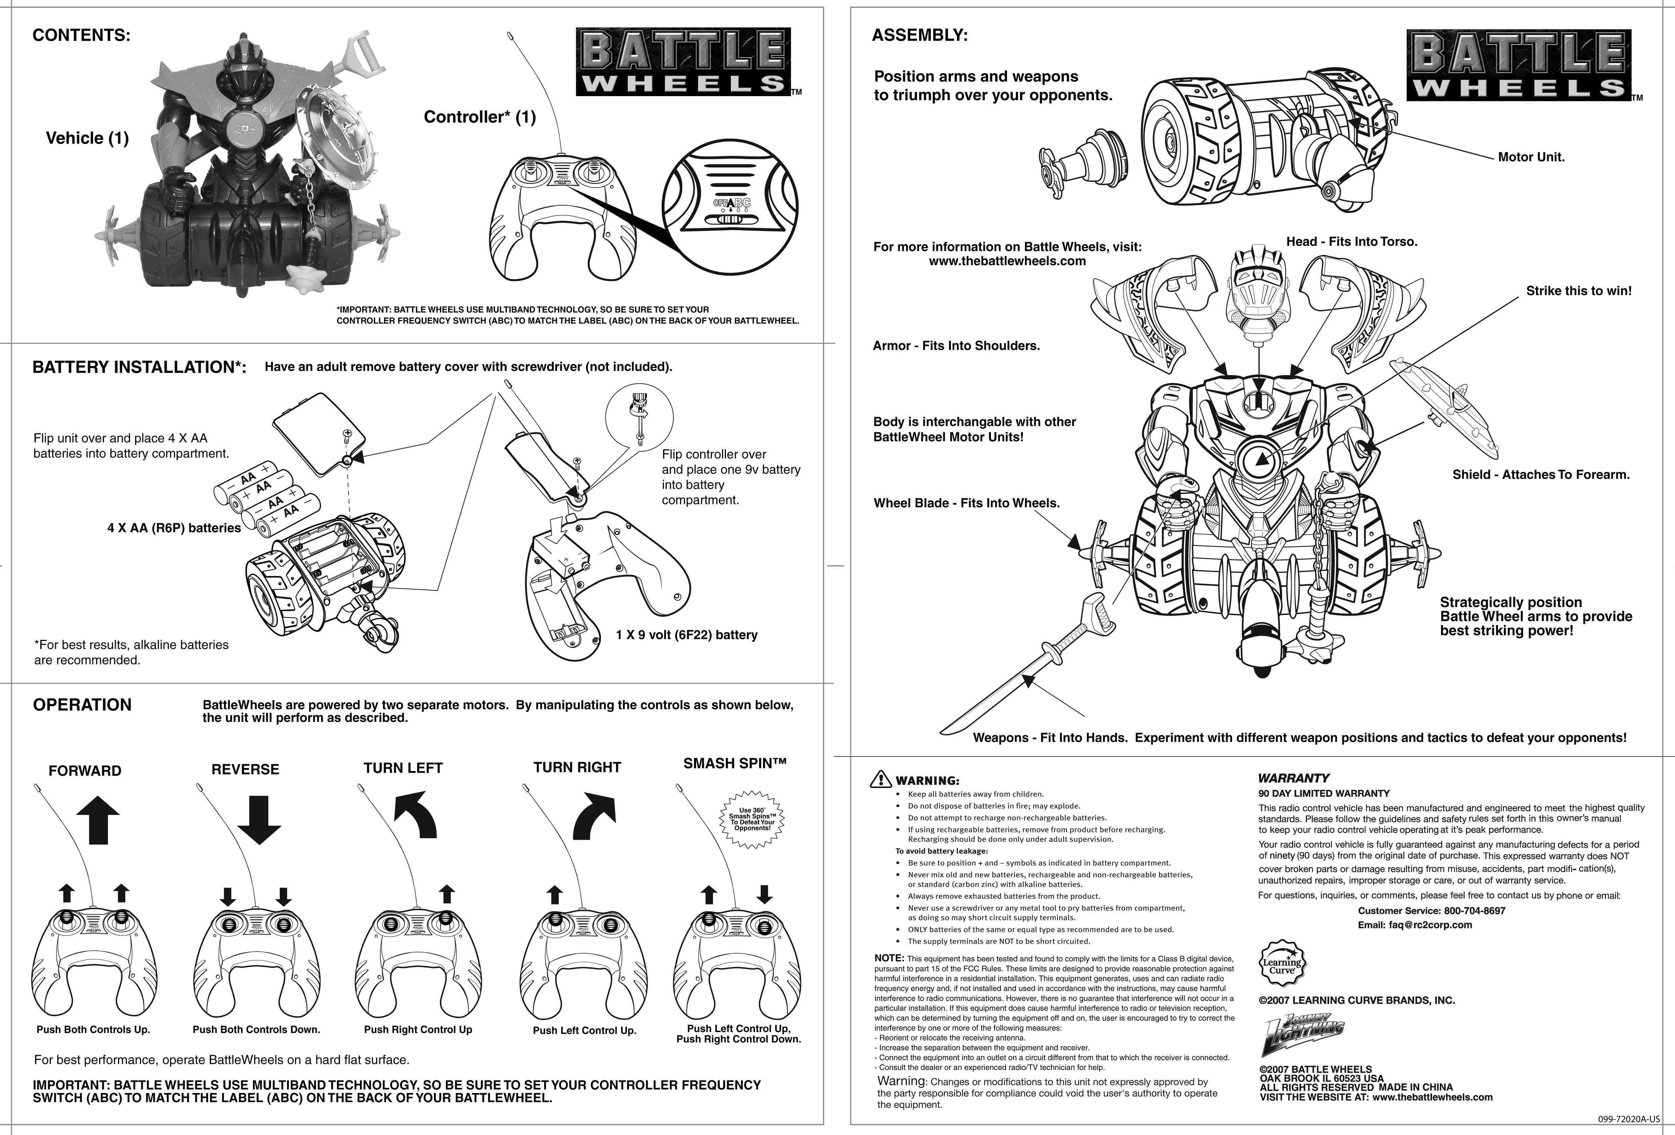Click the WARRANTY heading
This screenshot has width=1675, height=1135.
coord(1293,778)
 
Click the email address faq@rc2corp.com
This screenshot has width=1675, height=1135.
coord(1430,925)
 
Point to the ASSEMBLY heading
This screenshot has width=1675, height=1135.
coord(920,35)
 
